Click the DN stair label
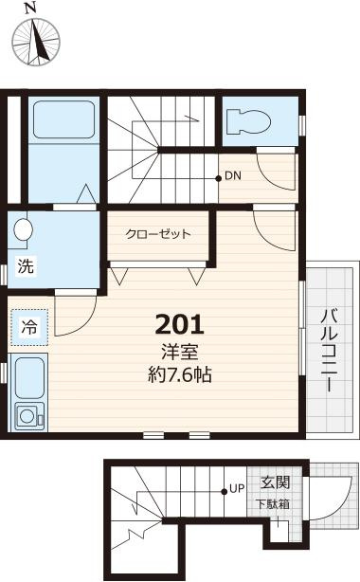233,177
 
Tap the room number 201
179,324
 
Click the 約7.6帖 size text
179,373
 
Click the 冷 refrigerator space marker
28,328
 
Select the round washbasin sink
23,230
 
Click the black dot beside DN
218,177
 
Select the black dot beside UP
224,490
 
